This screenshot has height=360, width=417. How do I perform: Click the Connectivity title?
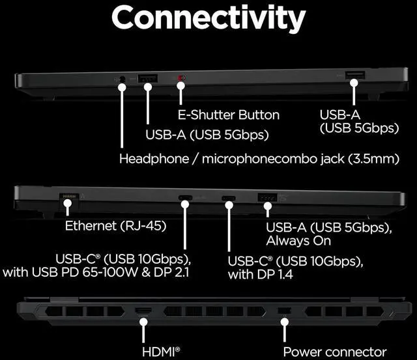pos(208,19)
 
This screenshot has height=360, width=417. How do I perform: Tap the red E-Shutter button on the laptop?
pos(182,81)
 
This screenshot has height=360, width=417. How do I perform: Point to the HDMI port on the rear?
pos(144,311)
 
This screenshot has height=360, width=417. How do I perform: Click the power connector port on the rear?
pos(283,312)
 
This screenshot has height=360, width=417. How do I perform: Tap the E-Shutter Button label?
pos(228,115)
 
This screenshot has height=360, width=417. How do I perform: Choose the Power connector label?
pos(334,352)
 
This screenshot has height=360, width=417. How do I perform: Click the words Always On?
pos(298,240)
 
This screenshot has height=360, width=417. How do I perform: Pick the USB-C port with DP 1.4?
pos(229,199)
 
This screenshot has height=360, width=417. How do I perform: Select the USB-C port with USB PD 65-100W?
pos(185,199)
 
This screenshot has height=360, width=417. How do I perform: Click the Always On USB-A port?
pos(267,198)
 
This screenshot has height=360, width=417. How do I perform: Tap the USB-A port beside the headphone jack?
pos(148,79)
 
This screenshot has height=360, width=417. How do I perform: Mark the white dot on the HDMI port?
pos(144,320)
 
